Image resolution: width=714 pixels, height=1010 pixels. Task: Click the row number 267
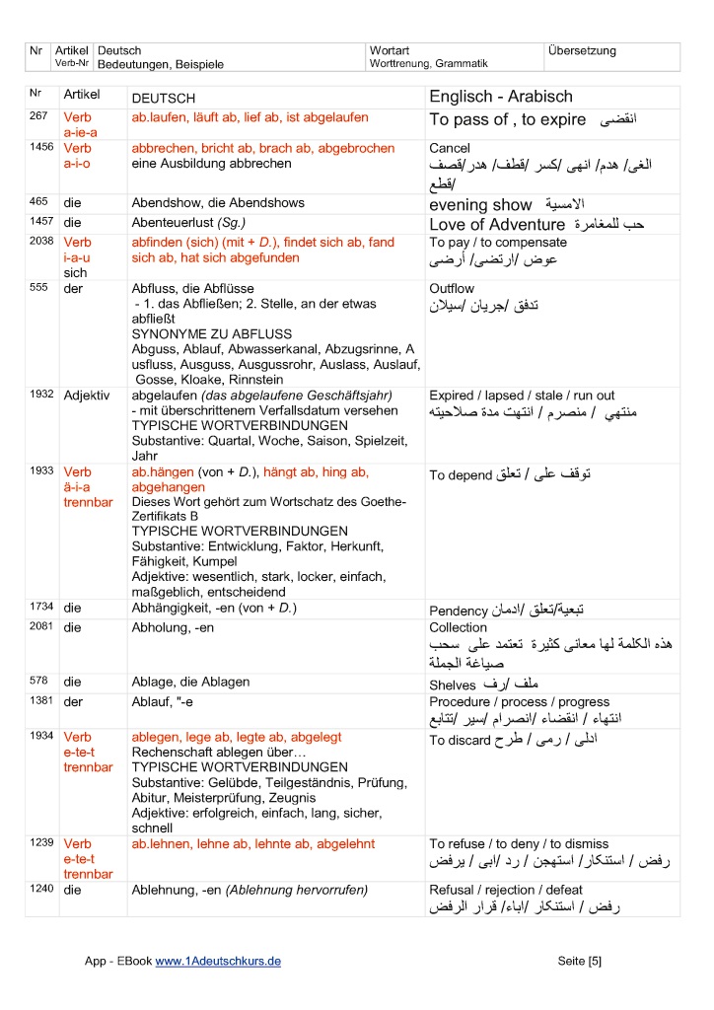40,117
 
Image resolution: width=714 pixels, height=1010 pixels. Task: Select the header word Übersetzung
582,50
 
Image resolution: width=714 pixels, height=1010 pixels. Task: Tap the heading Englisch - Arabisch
500,97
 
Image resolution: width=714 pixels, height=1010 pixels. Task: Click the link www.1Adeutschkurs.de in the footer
219,961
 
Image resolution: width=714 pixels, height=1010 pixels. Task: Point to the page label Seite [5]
579,961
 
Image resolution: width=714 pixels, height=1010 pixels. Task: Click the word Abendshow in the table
165,202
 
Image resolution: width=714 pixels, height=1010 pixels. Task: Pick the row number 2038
42,242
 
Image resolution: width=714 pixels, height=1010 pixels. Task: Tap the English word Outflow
452,288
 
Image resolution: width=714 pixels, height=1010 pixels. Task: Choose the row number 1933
42,471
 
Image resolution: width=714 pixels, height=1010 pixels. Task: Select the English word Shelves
454,684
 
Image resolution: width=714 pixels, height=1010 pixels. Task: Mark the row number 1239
42,843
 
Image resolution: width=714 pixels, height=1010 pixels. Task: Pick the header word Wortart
390,50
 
